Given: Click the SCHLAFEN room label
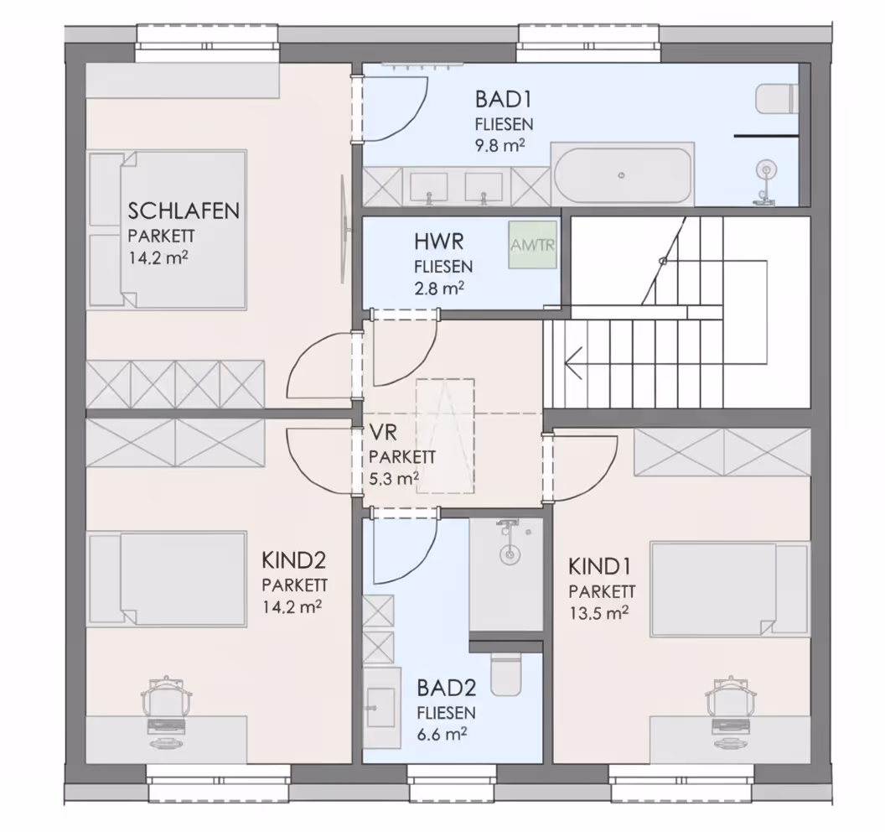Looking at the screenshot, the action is [x=184, y=211].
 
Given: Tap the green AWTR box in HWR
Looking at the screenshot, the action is [x=532, y=245].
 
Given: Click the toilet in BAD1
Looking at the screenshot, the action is [x=777, y=99].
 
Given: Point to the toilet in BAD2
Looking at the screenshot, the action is [x=505, y=674].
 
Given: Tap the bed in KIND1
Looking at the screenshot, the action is [x=730, y=589].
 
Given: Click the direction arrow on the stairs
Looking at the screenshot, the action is [x=573, y=363].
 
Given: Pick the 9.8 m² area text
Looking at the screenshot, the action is [x=500, y=146].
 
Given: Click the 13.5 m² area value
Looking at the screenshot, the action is [x=598, y=613].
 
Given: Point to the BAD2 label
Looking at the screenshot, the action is [x=447, y=688].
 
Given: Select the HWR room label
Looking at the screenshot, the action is [x=438, y=242].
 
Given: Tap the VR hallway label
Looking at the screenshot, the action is [x=383, y=433].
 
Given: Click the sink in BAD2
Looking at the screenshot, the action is [x=380, y=706].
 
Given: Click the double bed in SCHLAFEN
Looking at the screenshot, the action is [x=168, y=229].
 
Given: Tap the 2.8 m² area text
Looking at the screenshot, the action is [x=439, y=289].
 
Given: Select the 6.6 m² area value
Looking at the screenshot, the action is [x=442, y=735].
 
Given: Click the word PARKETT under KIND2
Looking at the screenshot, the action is [x=295, y=585].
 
